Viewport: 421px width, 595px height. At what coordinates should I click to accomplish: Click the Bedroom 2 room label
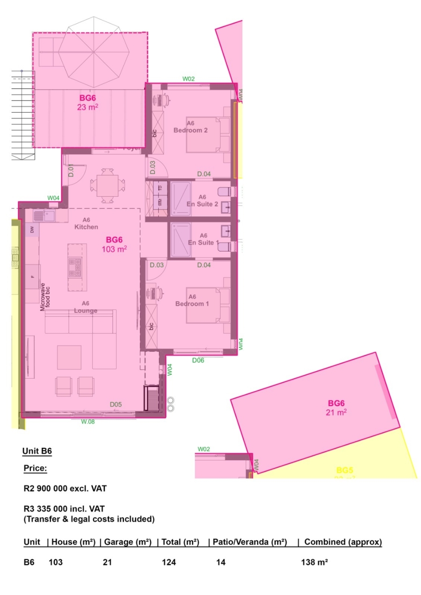tap(190, 130)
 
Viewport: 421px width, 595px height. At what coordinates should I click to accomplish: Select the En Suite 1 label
tap(203, 243)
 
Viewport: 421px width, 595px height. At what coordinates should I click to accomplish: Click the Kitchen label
tap(86, 227)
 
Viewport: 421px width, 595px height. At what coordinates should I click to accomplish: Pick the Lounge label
tap(86, 310)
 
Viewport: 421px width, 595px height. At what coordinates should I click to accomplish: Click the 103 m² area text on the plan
tap(114, 250)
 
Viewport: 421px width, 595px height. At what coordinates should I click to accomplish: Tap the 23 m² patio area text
tap(87, 107)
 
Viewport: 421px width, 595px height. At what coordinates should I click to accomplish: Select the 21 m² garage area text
tap(336, 412)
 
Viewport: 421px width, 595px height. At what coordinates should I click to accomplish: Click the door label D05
tap(116, 404)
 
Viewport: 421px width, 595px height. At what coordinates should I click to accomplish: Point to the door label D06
tap(198, 360)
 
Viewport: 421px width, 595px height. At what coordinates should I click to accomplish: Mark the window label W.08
tap(88, 422)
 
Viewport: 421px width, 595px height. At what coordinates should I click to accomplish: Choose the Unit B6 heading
tap(37, 452)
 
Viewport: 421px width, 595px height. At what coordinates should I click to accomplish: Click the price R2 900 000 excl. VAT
tap(65, 489)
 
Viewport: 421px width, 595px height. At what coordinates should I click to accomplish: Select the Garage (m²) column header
tap(127, 542)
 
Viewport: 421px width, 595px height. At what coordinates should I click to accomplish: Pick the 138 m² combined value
tap(314, 562)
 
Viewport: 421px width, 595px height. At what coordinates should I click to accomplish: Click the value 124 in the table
tap(169, 562)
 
